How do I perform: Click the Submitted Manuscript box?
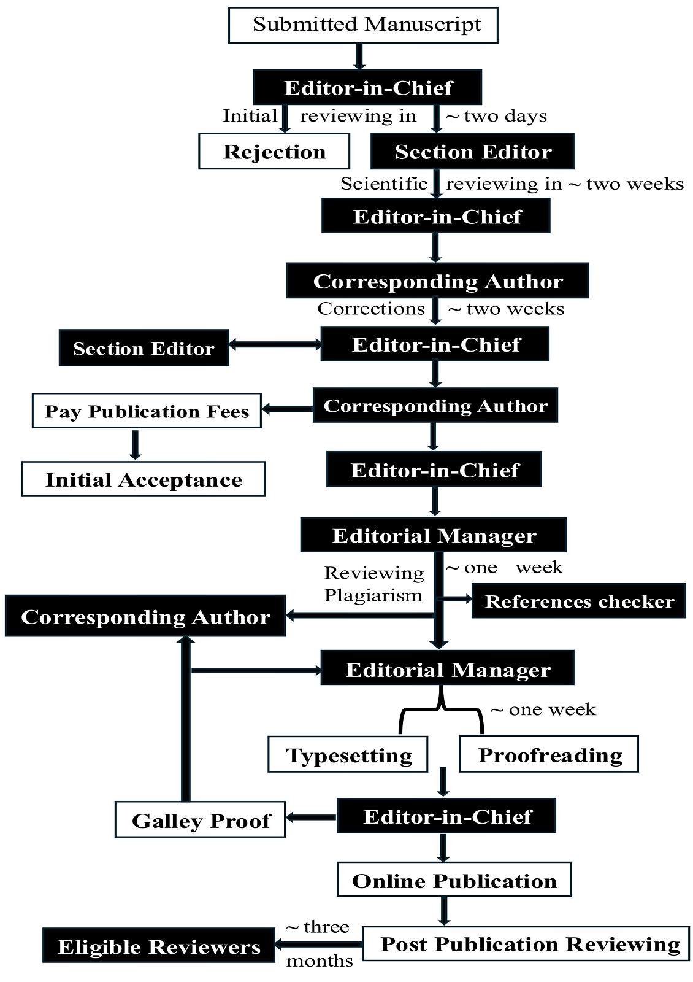[x=363, y=25]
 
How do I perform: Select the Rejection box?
[x=274, y=152]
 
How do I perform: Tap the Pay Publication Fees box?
[x=147, y=411]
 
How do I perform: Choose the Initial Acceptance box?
[x=144, y=479]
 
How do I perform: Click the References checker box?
[x=579, y=601]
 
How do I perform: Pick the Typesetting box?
[x=348, y=754]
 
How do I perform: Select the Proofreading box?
[x=549, y=754]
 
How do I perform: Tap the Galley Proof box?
[x=201, y=820]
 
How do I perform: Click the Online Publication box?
[x=454, y=880]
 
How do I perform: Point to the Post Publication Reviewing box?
[x=526, y=944]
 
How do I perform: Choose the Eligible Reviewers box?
[x=159, y=946]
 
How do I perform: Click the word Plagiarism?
[x=373, y=595]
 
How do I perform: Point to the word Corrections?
[x=371, y=309]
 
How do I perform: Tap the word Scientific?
[x=384, y=184]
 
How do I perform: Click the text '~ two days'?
[x=496, y=116]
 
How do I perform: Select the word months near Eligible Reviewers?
[x=320, y=961]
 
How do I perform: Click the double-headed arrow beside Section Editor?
[x=275, y=345]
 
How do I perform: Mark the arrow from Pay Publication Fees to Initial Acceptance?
[x=136, y=444]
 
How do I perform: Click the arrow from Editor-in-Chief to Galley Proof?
[x=312, y=817]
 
